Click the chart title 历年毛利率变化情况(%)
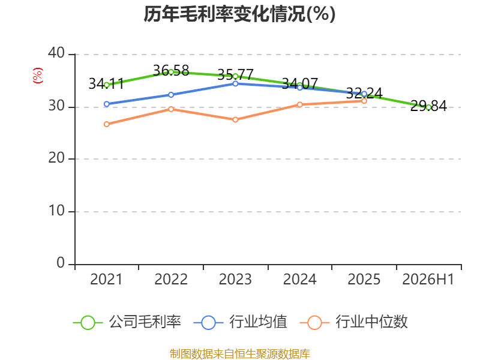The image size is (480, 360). click(239, 14)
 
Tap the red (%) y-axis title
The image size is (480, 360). click(38, 76)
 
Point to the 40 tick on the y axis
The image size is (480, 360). click(56, 53)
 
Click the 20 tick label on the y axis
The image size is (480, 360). click(56, 158)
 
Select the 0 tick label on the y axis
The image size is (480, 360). click(61, 263)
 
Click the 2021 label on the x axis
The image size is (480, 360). click(106, 280)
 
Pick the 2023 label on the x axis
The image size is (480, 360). click(235, 280)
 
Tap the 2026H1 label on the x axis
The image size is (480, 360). click(428, 280)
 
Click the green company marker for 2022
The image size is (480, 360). click(171, 72)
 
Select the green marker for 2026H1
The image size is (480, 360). click(428, 107)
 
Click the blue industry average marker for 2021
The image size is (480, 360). click(107, 104)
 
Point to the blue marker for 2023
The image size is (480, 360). click(235, 83)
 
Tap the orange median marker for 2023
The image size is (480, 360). click(235, 119)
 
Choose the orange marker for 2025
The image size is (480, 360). click(364, 101)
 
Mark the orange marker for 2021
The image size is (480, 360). click(107, 124)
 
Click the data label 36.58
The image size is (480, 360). click(171, 71)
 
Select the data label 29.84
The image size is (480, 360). click(428, 106)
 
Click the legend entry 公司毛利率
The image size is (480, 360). click(127, 322)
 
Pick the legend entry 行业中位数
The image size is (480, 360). click(353, 322)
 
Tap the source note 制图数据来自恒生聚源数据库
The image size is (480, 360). click(239, 354)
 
